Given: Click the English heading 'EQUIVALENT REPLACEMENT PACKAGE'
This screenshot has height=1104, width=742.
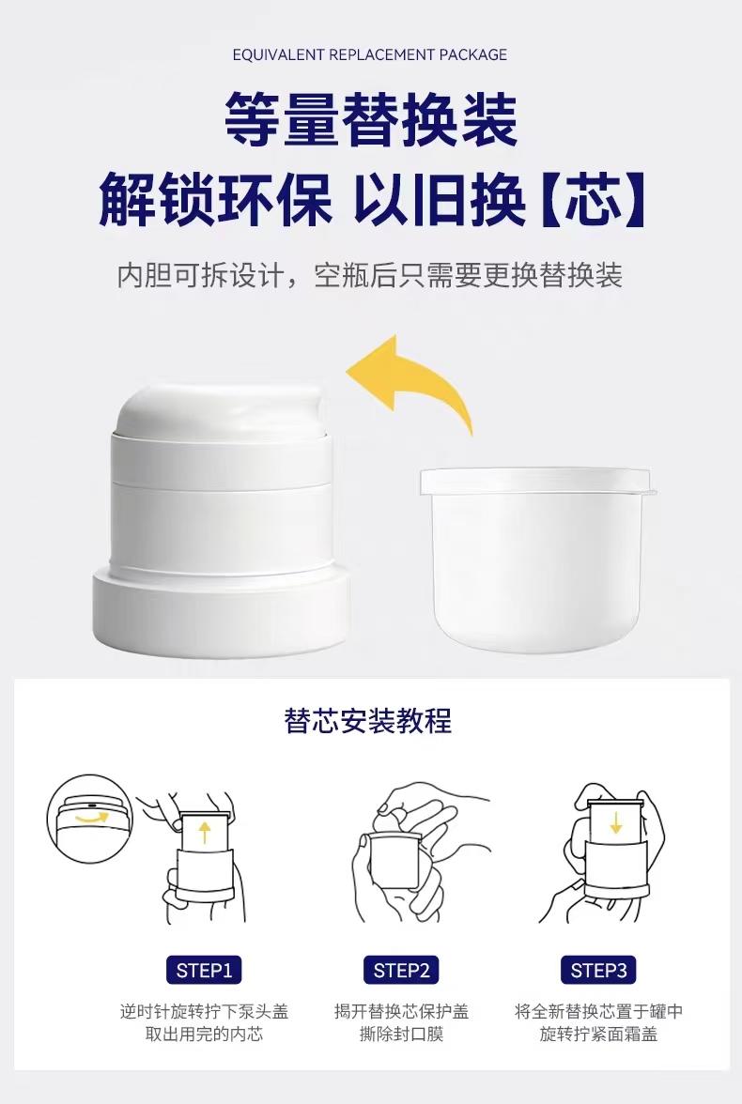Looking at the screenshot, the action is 370,54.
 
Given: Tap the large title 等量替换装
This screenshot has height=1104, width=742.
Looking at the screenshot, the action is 371,121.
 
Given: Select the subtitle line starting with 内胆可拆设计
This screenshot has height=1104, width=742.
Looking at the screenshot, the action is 370,275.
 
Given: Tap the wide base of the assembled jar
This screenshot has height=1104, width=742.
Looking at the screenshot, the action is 222,611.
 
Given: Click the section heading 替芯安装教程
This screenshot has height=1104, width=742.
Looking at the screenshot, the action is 368,721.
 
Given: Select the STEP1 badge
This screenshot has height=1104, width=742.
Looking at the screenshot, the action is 205,971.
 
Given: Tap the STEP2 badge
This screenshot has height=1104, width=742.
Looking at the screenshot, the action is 402,971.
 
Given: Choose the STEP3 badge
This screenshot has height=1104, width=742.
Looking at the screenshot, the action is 599,971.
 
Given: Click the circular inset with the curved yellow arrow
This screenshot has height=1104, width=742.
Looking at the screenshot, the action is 90,819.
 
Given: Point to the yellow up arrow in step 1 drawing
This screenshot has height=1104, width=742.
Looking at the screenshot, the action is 205,832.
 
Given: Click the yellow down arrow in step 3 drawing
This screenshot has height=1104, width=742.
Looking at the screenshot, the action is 616,822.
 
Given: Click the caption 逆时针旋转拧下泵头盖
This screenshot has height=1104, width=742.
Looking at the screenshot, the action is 205,1012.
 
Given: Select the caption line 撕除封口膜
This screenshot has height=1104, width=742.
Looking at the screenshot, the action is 402,1035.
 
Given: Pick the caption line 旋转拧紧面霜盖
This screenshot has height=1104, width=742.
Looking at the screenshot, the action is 599,1035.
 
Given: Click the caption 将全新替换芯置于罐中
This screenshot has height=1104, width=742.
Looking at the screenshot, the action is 599,1012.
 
